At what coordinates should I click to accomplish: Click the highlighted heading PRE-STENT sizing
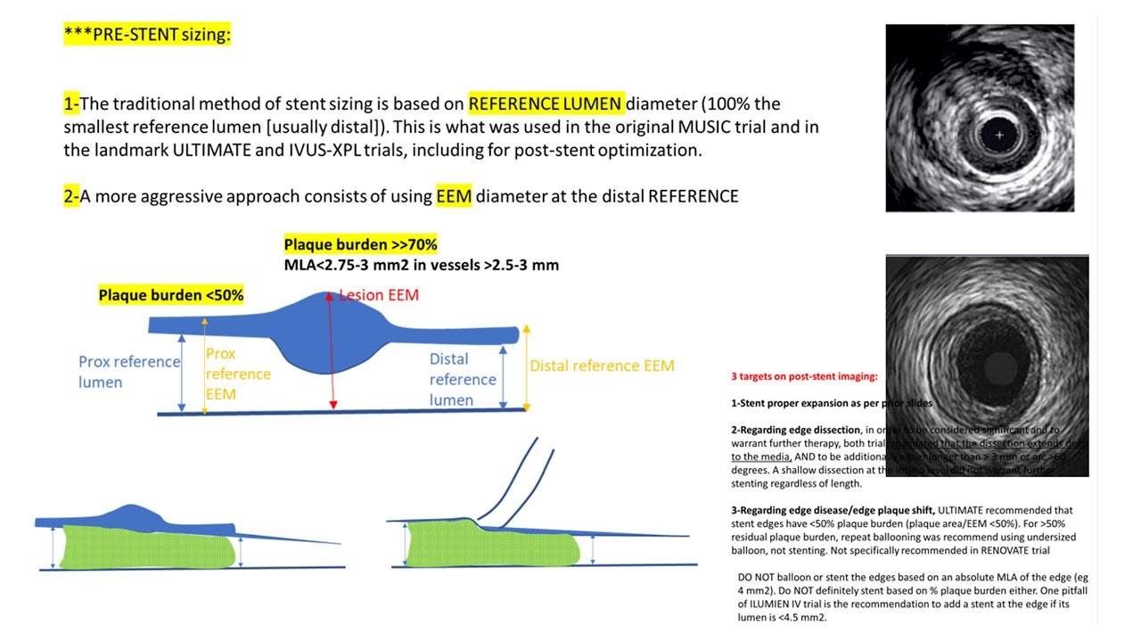(148, 35)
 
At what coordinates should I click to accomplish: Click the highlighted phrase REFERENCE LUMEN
(545, 103)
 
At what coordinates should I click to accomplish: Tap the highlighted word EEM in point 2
(454, 195)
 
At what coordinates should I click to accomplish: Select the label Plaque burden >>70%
(360, 244)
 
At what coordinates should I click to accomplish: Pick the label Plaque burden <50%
(171, 295)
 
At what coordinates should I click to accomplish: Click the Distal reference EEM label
(602, 366)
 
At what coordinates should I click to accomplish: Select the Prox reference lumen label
(128, 372)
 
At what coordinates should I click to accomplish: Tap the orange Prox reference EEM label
(238, 374)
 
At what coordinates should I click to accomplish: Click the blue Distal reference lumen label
(462, 380)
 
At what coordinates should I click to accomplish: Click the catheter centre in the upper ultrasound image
(999, 136)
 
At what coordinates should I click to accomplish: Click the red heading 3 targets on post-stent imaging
(804, 377)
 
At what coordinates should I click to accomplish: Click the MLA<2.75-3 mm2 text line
(421, 265)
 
